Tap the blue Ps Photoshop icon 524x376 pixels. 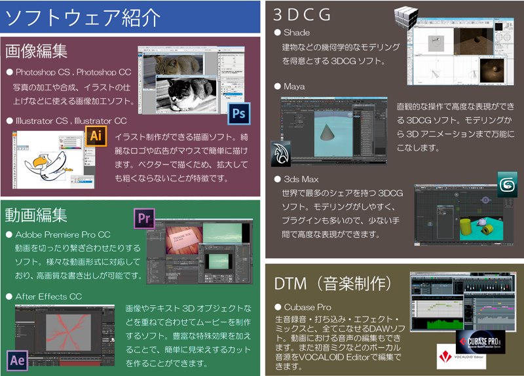[239, 114]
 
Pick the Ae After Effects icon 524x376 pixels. [17, 360]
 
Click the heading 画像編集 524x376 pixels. [37, 51]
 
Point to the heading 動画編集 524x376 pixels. [37, 214]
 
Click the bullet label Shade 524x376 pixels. [297, 33]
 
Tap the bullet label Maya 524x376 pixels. [294, 86]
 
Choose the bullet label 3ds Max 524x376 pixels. [301, 179]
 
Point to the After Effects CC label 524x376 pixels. [48, 297]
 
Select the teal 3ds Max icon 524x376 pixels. [506, 183]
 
